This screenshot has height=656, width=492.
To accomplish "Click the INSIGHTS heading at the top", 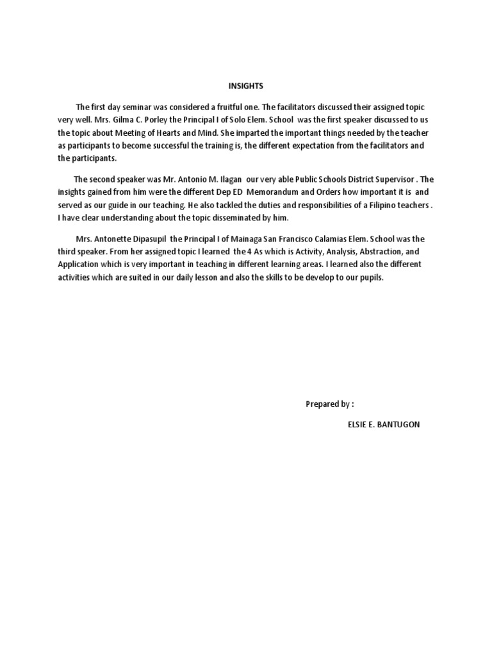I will tap(246, 85).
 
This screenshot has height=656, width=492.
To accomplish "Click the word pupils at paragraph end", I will tap(370, 277).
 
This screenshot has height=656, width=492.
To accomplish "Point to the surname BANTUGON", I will tap(397, 425).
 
